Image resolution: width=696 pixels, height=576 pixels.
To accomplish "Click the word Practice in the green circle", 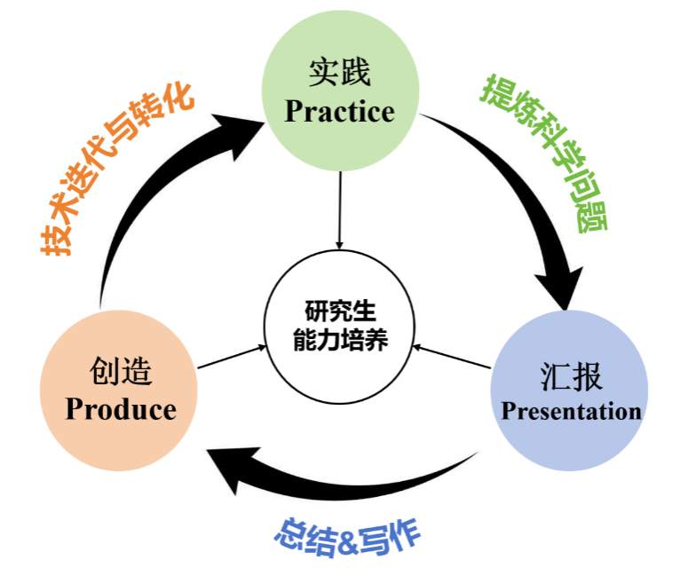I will tap(339, 112).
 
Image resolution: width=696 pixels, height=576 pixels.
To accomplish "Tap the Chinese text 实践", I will tap(339, 73).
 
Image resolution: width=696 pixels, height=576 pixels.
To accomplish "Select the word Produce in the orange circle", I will tap(121, 409).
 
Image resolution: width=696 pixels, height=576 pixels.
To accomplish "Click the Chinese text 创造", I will tap(121, 370).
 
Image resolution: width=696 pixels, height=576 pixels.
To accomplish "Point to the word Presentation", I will tap(571, 411).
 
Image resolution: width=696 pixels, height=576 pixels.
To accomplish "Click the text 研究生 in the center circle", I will tap(340, 312).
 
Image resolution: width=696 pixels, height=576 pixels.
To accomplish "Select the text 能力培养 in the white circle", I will tap(340, 340).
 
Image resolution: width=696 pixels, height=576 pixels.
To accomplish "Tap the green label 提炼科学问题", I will tap(543, 152).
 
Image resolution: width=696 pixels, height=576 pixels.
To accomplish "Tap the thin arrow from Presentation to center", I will tap(452, 356).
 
